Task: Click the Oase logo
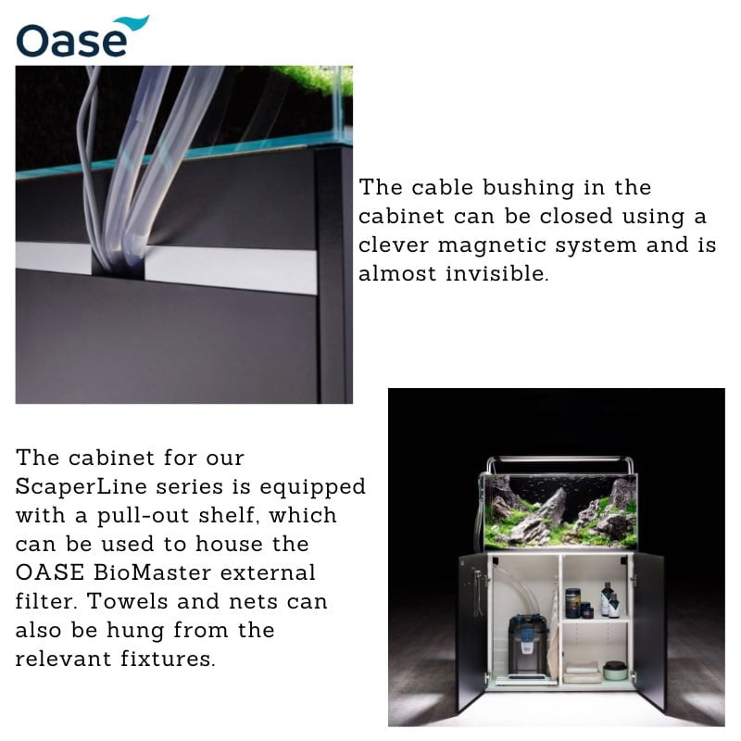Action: (82, 37)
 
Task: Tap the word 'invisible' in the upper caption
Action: (494, 274)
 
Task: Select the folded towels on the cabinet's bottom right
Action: (582, 672)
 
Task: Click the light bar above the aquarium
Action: (559, 460)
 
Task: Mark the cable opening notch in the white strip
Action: (119, 264)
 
